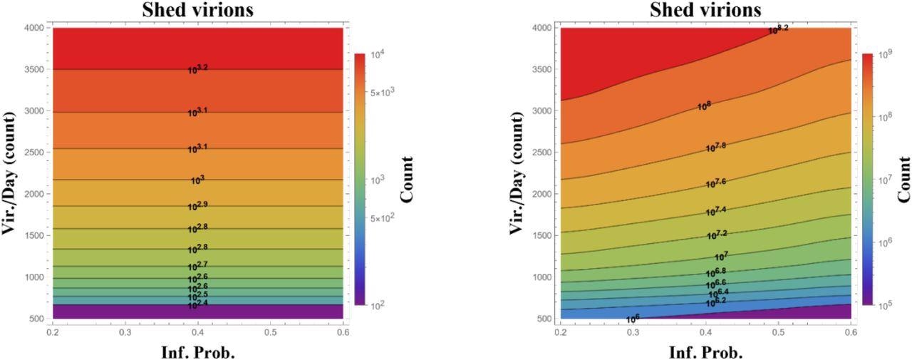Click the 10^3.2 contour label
coord(197,69)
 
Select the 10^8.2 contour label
coord(778,30)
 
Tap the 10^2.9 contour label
coord(197,206)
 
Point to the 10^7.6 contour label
coord(716,183)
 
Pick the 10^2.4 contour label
coord(197,304)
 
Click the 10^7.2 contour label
coord(716,235)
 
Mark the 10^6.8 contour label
coord(716,272)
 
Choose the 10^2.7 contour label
coord(197,266)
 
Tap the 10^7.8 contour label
coord(716,147)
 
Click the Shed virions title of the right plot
coord(706,10)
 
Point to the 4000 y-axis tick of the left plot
coord(33,28)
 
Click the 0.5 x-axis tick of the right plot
coord(779,332)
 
